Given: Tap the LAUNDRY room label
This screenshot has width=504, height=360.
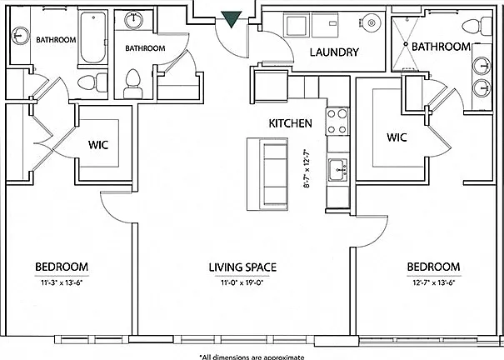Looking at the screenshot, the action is [334, 52].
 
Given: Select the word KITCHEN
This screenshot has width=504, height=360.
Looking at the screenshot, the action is [290, 123].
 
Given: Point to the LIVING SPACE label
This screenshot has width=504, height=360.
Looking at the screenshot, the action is [242, 267].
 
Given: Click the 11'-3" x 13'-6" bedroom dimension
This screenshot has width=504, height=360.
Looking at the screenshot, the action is [62, 283].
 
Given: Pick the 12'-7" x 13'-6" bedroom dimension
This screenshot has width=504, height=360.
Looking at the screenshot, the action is [434, 283].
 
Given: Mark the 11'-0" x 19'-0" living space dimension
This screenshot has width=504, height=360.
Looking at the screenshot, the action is [242, 283].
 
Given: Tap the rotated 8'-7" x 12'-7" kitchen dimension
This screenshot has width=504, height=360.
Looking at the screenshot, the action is [307, 167].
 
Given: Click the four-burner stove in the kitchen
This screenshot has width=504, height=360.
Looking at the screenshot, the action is [337, 122].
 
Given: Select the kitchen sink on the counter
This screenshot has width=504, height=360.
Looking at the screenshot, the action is [338, 170].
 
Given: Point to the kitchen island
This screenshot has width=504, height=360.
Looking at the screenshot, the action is [267, 174].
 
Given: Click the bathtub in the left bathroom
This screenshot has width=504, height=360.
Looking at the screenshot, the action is [93, 37].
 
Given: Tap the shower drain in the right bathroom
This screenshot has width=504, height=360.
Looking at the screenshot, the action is [406, 43].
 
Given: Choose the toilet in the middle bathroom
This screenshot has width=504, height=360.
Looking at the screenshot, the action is [133, 84].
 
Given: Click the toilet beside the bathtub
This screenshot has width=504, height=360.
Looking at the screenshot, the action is [92, 82].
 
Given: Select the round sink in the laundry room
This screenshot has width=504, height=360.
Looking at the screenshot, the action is [372, 22].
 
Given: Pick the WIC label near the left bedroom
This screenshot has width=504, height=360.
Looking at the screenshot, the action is [98, 145].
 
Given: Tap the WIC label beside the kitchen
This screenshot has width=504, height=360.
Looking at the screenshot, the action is [397, 137].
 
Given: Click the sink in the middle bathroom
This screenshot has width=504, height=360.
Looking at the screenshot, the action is [133, 20].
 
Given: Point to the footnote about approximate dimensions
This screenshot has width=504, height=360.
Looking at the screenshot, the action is [252, 357].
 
